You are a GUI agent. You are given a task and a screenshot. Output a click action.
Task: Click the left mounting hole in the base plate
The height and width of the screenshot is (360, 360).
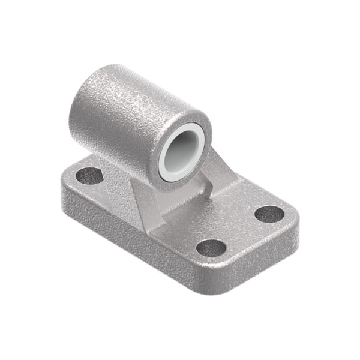click(x=89, y=176)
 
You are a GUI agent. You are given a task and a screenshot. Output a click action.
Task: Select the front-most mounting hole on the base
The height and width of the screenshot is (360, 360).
click(x=211, y=247)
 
